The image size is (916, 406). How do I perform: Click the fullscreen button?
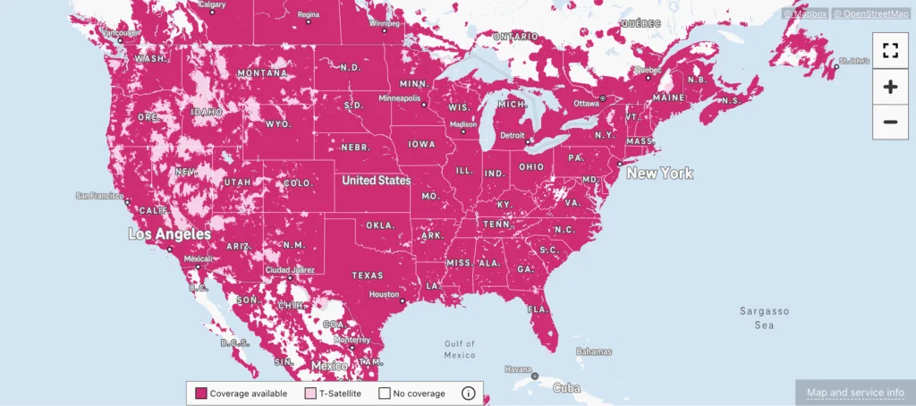tap(889, 50)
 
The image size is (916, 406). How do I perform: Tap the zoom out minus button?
tap(889, 122)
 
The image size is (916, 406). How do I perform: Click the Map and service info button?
tap(855, 393)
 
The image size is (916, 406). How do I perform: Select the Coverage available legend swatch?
tap(201, 393)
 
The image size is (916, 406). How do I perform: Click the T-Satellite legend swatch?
tap(310, 393)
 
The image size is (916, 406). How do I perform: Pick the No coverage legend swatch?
tap(385, 393)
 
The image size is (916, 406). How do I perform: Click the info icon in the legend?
tap(468, 393)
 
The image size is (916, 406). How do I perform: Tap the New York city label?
tap(659, 173)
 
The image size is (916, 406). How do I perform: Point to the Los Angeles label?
tap(170, 234)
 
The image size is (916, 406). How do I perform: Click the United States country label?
tap(377, 181)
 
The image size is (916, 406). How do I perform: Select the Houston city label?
tap(383, 294)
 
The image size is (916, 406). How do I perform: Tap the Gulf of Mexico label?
tap(459, 349)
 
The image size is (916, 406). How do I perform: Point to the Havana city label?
tap(518, 368)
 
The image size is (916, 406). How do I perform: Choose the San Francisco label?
tap(98, 195)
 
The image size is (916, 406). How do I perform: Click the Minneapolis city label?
tap(399, 97)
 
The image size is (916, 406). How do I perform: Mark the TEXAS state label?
tap(367, 275)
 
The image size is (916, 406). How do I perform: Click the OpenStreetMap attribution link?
tap(870, 13)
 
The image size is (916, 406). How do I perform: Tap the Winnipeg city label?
tap(384, 23)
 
